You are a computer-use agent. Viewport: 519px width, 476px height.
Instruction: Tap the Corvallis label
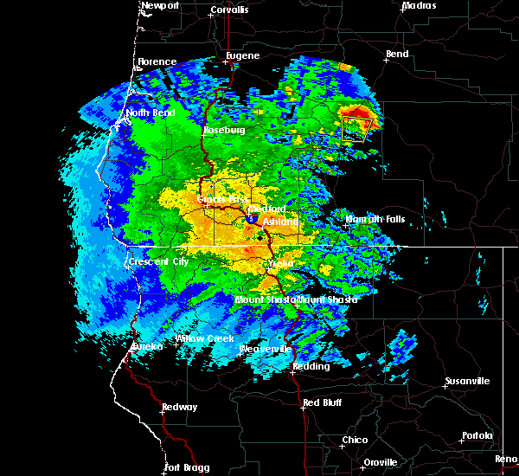tap(228, 10)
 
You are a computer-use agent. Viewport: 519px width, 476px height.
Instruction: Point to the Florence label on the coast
tap(157, 62)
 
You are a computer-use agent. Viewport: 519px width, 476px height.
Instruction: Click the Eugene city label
tap(242, 56)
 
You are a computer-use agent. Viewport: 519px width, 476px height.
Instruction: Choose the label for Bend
tap(397, 55)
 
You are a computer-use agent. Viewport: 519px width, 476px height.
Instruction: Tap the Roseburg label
tap(224, 131)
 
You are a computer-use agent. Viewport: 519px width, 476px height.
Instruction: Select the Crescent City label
tap(157, 261)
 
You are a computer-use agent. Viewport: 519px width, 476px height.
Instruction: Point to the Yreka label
tap(281, 262)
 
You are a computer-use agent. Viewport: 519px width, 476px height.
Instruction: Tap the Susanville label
tap(467, 382)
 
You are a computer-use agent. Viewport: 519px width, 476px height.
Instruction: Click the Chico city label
tap(354, 441)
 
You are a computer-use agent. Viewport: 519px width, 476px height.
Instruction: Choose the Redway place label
tap(180, 408)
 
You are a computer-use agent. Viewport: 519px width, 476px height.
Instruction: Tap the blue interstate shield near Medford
tap(251, 220)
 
